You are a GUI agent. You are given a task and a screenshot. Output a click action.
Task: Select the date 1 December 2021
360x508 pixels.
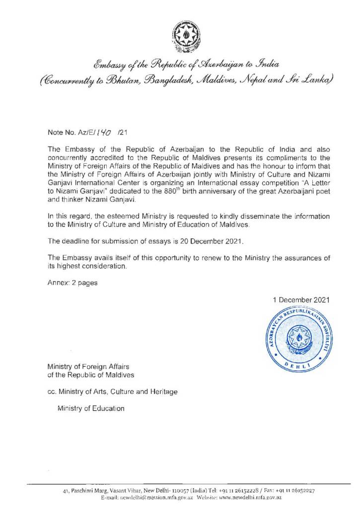(x=299, y=300)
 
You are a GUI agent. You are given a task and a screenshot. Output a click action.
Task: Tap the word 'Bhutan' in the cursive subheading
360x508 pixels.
(x=96, y=80)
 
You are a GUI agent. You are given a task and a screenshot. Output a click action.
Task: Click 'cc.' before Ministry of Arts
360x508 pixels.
(x=51, y=391)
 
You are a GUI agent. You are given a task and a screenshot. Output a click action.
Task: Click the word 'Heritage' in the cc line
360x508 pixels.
(x=162, y=391)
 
